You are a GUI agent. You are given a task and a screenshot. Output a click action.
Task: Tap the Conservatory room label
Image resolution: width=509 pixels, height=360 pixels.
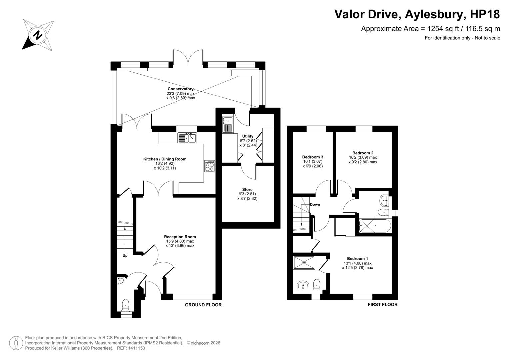tap(181, 89)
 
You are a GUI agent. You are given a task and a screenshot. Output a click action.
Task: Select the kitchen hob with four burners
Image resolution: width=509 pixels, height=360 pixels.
tap(210, 166)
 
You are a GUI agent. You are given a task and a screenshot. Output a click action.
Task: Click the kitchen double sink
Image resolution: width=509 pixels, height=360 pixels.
tap(187, 138)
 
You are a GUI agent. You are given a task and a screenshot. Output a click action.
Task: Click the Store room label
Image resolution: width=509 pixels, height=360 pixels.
tap(247, 190)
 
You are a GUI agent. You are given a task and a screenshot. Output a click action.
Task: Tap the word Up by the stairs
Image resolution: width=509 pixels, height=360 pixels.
tap(125, 256)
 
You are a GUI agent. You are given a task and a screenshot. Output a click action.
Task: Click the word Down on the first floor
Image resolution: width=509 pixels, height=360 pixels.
tap(315, 205)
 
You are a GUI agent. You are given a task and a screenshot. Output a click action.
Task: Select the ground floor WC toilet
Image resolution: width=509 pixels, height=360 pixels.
tap(125, 305)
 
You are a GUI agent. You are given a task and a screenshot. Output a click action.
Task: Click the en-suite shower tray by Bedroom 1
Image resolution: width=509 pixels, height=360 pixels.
tap(304, 262)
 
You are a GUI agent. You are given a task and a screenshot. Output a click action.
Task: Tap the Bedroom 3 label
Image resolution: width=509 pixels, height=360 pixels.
tap(313, 157)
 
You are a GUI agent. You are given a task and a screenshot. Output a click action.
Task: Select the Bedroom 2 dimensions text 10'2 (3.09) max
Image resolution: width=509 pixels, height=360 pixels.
tap(363, 157)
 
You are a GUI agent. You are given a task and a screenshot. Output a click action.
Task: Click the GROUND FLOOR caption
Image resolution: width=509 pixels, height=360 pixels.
tap(203, 305)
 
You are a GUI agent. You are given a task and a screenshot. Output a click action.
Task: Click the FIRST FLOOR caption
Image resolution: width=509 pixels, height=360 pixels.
tap(383, 305)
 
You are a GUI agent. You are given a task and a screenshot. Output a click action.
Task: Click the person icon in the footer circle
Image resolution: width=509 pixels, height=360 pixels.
tap(16, 343)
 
